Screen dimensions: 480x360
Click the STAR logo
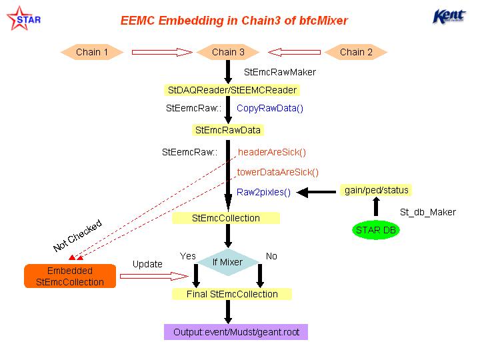click(23, 19)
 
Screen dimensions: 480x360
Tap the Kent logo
click(449, 16)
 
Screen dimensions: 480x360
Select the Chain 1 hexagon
click(92, 52)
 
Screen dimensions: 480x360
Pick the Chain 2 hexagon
click(356, 52)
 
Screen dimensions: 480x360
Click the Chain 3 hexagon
click(228, 52)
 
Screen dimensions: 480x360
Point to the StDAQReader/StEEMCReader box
click(232, 90)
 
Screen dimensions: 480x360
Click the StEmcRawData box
click(227, 130)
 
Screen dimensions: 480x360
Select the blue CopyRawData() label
click(270, 109)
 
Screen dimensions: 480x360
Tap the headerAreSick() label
click(272, 152)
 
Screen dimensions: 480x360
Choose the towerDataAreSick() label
click(277, 172)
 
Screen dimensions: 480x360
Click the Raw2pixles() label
click(263, 192)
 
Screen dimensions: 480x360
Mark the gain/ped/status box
click(376, 190)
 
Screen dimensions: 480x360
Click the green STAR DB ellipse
click(376, 230)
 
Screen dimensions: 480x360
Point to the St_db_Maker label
click(427, 212)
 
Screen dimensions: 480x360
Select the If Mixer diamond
click(228, 262)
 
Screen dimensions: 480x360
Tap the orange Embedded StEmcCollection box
click(70, 276)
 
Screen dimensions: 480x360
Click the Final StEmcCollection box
click(232, 294)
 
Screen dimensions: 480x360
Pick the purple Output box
click(236, 332)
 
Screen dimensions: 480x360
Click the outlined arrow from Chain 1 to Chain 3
click(162, 53)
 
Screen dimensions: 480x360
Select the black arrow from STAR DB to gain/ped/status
click(376, 206)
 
